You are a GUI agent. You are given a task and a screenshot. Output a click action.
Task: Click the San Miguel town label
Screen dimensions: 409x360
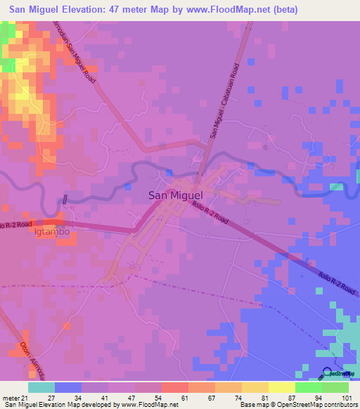coord(175,196)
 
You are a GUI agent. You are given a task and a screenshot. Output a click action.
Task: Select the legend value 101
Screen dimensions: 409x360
coord(338,397)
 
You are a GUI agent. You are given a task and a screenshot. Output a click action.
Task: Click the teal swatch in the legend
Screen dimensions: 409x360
coord(41,387)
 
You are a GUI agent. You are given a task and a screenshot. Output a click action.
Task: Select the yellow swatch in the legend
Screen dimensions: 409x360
coord(282,387)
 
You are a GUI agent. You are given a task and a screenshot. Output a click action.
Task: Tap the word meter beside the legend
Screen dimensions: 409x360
coord(12,397)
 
